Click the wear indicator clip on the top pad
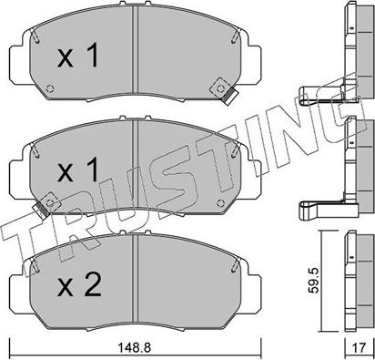(x=220, y=88)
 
